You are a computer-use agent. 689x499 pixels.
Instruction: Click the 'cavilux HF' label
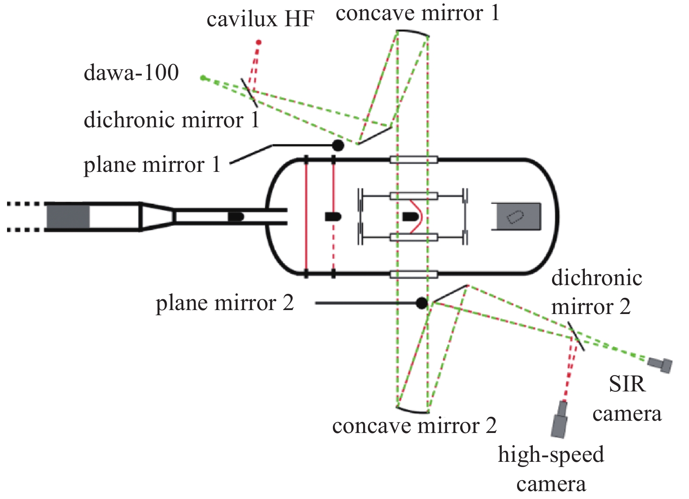(x=260, y=19)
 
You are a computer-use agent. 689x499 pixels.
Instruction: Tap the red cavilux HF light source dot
(x=259, y=42)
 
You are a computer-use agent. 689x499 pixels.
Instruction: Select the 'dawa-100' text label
(x=131, y=73)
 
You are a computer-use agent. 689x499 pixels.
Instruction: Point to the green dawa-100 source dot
(x=203, y=78)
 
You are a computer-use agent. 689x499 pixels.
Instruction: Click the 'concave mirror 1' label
(x=417, y=13)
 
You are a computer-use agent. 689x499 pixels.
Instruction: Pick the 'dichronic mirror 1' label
(x=171, y=120)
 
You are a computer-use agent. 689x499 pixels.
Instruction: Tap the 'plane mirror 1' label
(x=152, y=165)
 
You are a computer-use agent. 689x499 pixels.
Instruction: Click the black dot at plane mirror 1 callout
(x=338, y=145)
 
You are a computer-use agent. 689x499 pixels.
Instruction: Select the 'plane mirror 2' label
(x=224, y=303)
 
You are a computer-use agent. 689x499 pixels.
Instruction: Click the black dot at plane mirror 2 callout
(x=421, y=303)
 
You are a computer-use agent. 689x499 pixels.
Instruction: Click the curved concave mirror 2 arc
(x=412, y=410)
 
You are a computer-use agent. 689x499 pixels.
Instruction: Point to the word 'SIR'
(x=627, y=384)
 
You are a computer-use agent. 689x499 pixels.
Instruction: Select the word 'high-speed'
(x=551, y=454)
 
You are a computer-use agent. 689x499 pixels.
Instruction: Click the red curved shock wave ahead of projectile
(x=419, y=216)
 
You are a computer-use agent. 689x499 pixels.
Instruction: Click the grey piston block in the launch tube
(x=68, y=216)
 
